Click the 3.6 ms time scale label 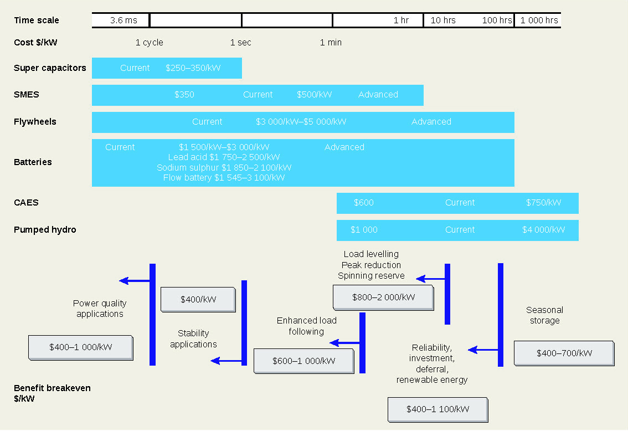coord(123,20)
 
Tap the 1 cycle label coord(149,43)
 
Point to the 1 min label coord(331,43)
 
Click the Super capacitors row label coord(50,68)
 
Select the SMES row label coord(27,95)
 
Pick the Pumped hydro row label coord(45,230)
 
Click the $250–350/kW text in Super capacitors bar coord(193,68)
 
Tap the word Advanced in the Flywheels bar coord(431,122)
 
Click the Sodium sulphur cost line coord(224,168)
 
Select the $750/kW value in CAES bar coord(543,203)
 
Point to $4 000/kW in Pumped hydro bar coord(543,230)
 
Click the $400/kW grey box coord(198,300)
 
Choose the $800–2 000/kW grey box coord(383,297)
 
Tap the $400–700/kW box coord(564,353)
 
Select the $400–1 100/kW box coord(437,409)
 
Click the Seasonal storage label coord(544,315)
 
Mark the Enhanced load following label coord(306,326)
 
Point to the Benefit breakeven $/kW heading coord(52,393)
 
